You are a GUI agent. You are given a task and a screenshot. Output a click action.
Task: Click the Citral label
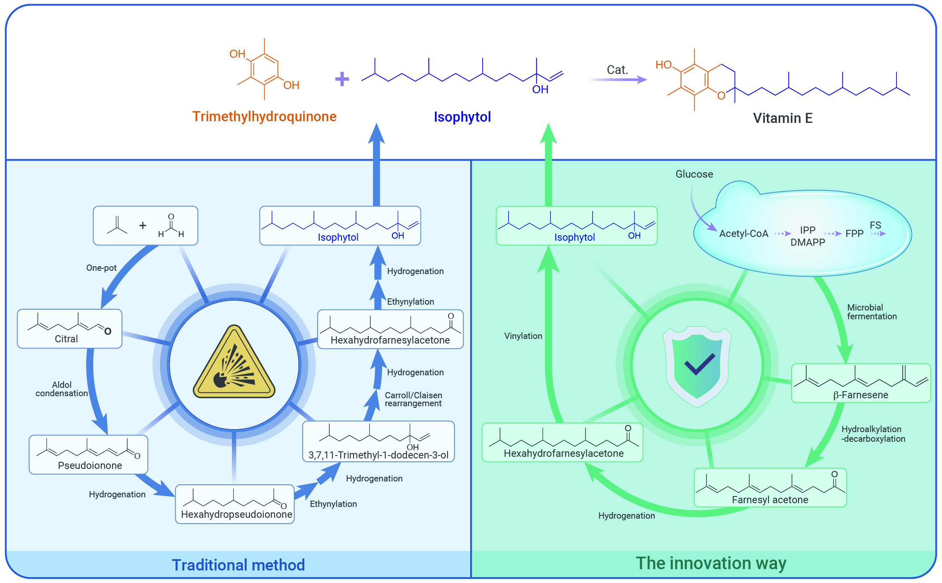coord(66,339)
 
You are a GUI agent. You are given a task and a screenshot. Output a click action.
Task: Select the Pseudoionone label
coord(90,466)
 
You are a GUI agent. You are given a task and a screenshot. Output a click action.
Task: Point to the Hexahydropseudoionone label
coord(236,514)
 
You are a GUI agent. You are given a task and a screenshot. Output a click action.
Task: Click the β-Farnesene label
coord(861,395)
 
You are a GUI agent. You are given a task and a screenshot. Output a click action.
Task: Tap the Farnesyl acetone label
coord(770,500)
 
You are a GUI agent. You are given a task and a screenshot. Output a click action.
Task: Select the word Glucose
coord(694,174)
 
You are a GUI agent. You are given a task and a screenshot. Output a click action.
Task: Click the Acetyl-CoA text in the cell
coord(743,234)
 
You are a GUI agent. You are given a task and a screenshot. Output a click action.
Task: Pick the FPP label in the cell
coord(854,234)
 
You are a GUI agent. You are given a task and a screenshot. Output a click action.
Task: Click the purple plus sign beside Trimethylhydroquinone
coord(342,79)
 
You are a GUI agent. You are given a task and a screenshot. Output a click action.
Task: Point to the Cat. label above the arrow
coord(617,70)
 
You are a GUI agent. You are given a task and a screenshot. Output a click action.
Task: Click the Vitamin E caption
coord(782,118)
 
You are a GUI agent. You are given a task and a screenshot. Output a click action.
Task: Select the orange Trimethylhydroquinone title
coord(264,117)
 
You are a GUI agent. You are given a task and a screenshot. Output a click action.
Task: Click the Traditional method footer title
coord(238,565)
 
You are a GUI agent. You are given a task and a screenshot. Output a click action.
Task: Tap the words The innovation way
coord(711,563)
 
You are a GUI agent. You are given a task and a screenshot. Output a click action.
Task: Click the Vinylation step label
coord(523,336)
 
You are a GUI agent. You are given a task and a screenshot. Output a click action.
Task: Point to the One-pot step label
coord(101,268)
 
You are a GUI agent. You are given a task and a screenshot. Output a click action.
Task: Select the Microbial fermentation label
coord(871,312)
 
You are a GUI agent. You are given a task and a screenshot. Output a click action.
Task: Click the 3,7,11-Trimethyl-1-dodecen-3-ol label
coord(378,455)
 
